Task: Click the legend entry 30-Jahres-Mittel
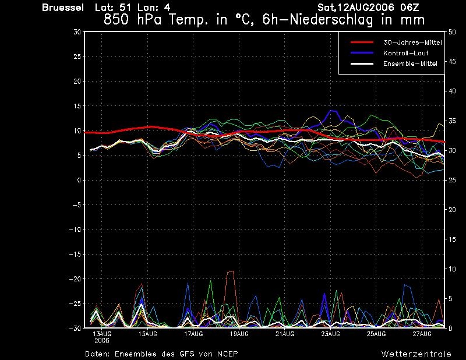coord(412,43)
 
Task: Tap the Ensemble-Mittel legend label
coord(408,63)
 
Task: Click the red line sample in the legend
coord(361,43)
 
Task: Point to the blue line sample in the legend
coord(361,53)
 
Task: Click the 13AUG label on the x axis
coord(103,334)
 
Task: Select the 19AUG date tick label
coord(239,334)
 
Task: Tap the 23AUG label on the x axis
coord(330,334)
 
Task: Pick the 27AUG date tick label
coord(422,334)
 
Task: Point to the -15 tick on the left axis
coord(75,255)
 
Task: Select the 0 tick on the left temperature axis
coord(79,181)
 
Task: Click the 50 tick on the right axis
coord(452,32)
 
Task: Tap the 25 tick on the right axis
coord(452,181)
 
